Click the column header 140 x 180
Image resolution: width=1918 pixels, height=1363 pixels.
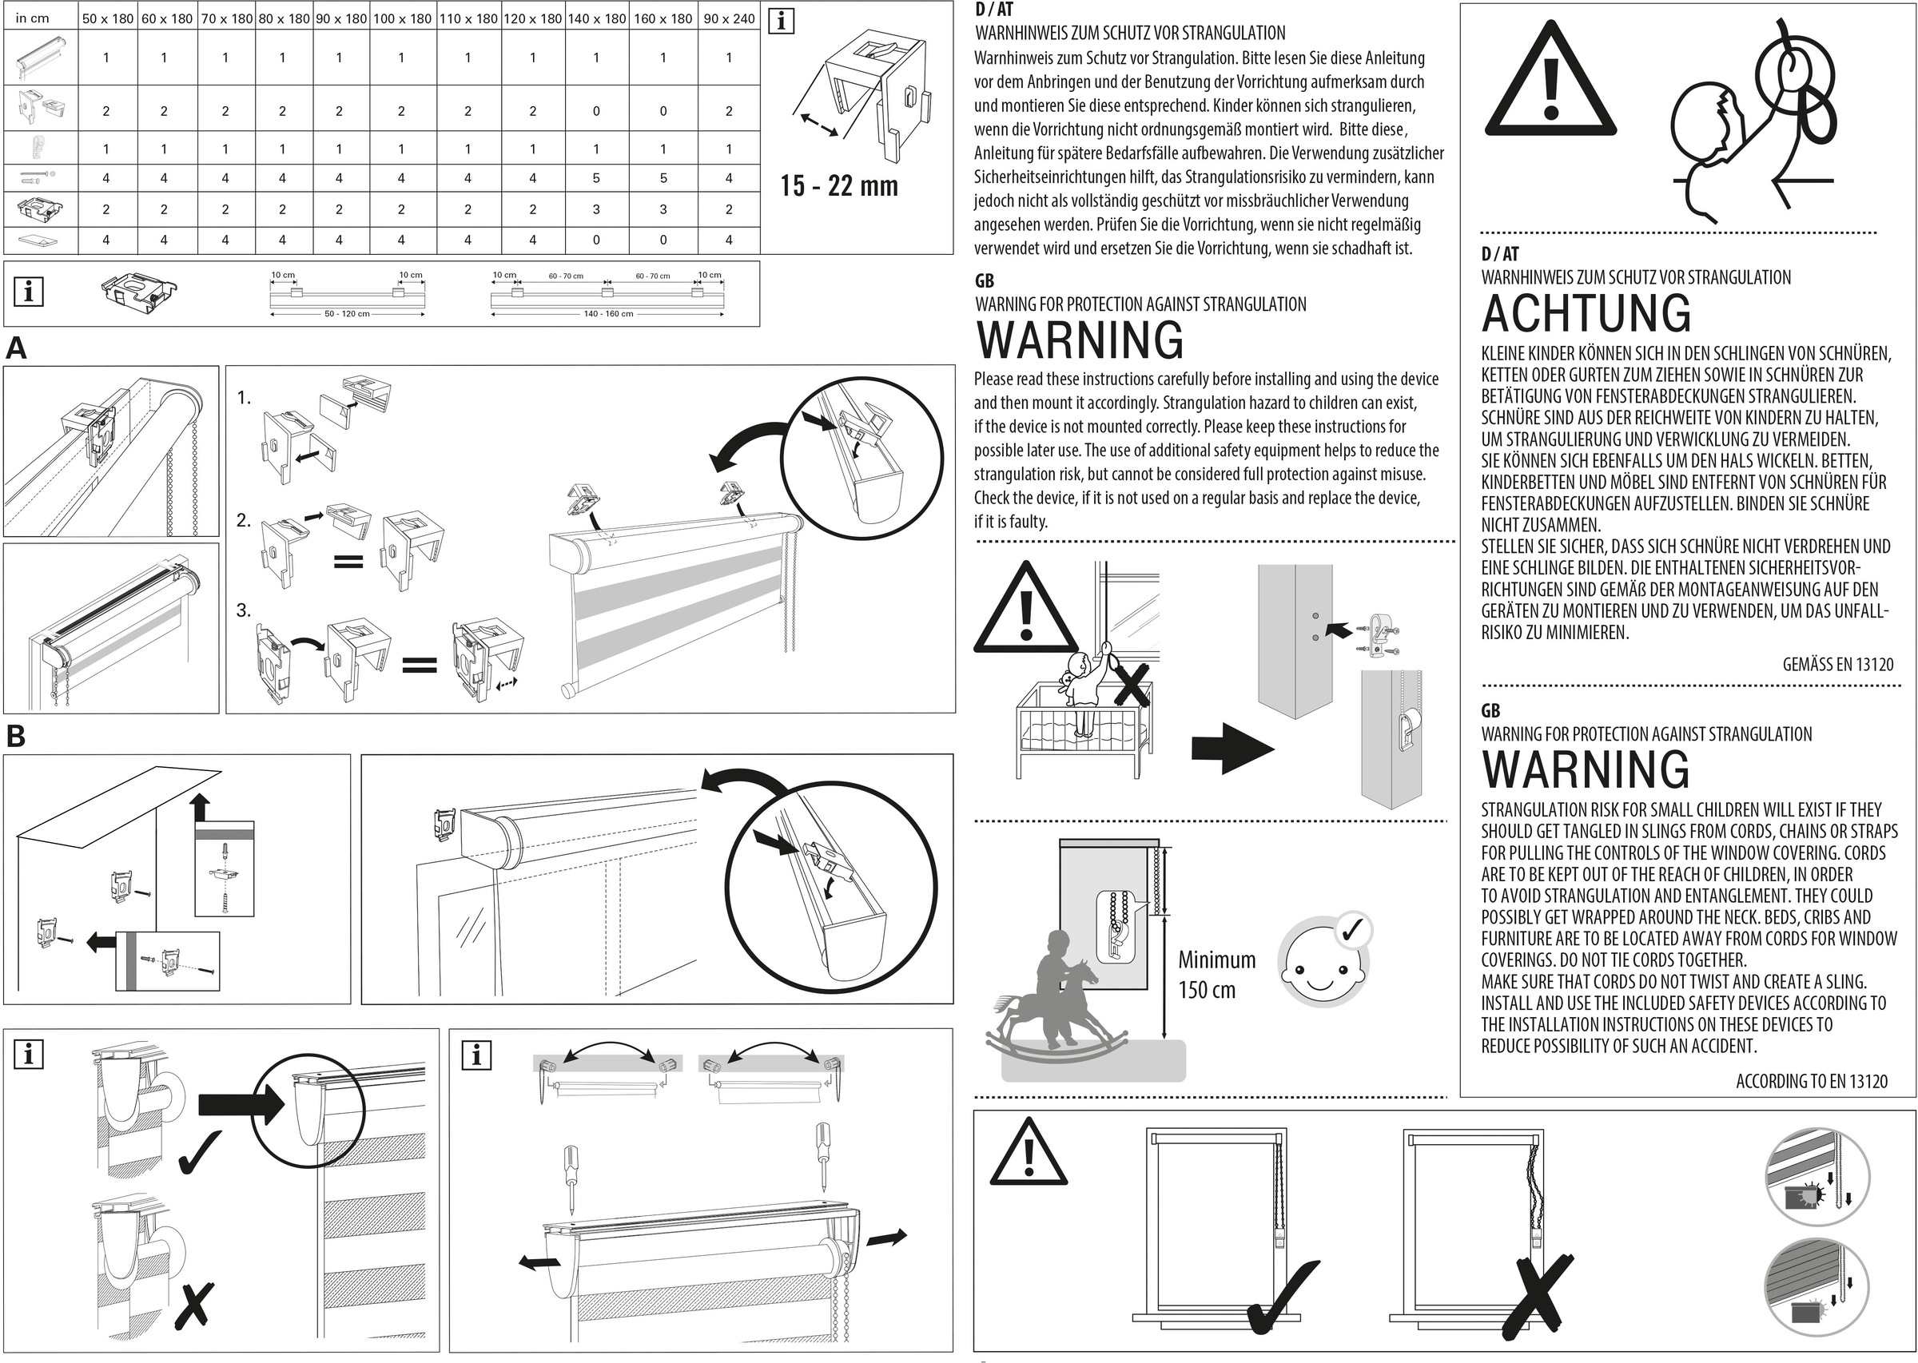597,18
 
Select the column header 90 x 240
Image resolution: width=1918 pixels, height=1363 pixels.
729,18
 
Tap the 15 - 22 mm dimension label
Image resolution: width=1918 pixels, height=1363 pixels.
838,185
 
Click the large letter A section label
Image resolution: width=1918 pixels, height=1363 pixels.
16,348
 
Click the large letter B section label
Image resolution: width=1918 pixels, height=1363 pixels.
16,736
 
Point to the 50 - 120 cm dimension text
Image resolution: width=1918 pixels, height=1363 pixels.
347,314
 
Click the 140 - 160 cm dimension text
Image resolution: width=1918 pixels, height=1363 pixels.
607,314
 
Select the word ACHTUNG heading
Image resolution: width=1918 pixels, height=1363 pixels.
1586,313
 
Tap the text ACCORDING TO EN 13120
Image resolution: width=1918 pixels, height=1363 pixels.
1812,1081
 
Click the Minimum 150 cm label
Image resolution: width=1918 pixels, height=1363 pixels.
1216,975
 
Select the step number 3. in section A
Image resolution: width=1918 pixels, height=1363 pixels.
244,610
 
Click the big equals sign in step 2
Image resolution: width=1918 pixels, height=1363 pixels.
348,562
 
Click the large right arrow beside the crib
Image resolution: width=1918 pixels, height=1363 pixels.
1232,748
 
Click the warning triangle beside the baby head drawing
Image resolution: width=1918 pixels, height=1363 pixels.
1550,81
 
